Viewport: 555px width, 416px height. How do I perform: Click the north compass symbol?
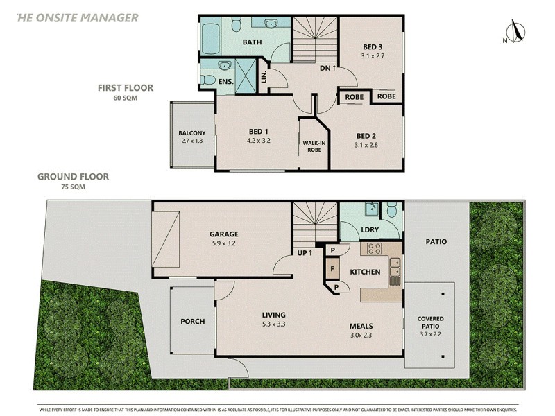[x=515, y=32]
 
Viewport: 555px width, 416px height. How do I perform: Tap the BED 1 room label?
[x=259, y=132]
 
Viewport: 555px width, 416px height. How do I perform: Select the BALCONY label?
[x=191, y=133]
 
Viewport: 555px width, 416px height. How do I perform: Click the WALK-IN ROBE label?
[x=314, y=146]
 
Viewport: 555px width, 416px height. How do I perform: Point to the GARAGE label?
[x=223, y=234]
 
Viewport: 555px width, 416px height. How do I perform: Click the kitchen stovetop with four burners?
[x=375, y=248]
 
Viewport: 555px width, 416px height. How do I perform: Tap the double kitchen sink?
[x=395, y=271]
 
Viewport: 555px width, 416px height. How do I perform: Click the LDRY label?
[x=369, y=229]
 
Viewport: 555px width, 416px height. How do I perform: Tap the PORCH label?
[x=191, y=321]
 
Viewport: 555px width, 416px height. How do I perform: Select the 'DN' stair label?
[x=328, y=68]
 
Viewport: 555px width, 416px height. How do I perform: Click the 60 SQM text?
[x=126, y=98]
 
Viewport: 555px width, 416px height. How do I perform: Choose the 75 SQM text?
[x=73, y=187]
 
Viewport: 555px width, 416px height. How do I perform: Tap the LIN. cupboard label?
[x=264, y=76]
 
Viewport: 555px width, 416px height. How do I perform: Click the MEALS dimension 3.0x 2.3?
[x=361, y=336]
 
